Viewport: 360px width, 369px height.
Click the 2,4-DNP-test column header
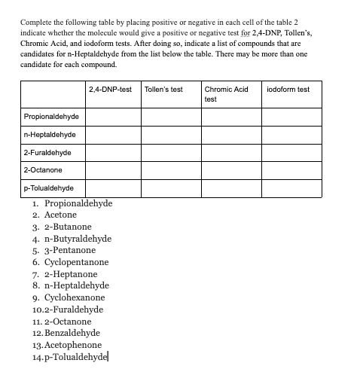(x=110, y=90)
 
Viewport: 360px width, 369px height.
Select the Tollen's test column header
(x=163, y=90)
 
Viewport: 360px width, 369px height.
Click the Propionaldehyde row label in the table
(x=53, y=117)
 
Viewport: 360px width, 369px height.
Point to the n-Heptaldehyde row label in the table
(x=50, y=135)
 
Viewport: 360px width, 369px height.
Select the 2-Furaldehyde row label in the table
(x=47, y=153)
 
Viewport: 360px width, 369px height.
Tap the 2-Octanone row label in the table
(x=42, y=170)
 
